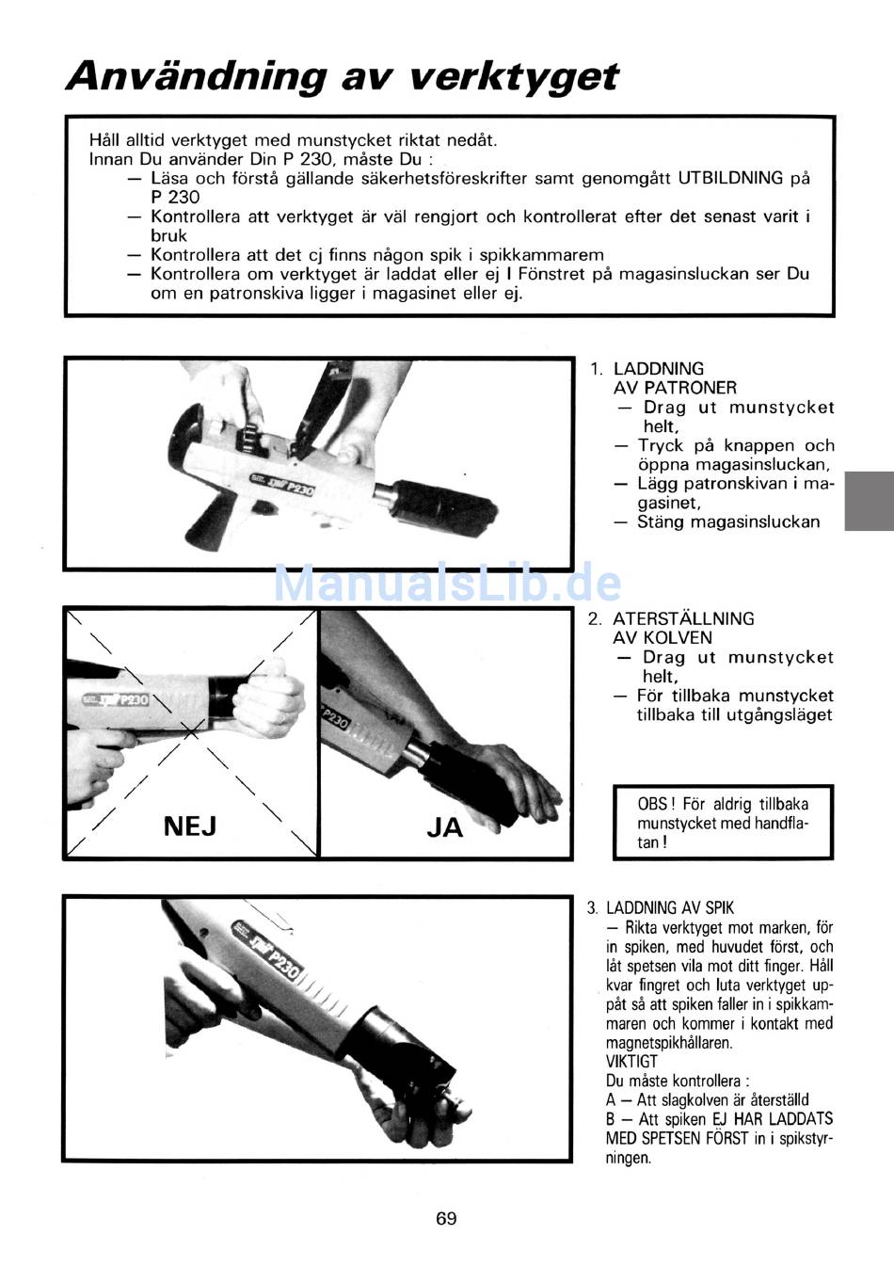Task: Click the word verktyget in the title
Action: (513, 77)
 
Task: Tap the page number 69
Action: (446, 1218)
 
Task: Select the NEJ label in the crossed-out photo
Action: (190, 826)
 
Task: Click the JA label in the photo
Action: (445, 827)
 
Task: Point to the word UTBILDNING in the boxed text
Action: (730, 178)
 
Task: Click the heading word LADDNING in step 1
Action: (659, 368)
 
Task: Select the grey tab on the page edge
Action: (870, 501)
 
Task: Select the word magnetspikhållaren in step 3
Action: (669, 1042)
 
